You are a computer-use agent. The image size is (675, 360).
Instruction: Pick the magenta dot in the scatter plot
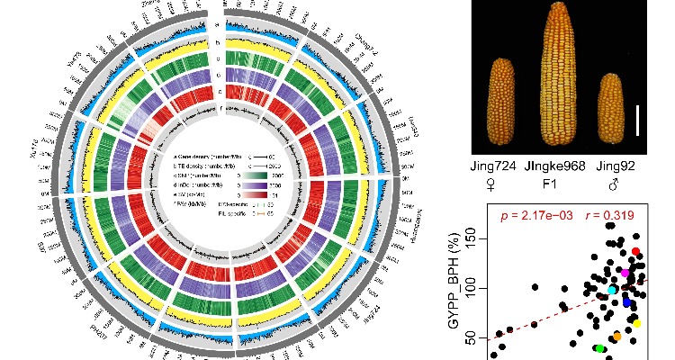[625, 272]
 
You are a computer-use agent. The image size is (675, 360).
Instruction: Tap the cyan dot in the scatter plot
[613, 290]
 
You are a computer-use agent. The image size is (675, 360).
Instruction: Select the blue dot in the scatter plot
[627, 302]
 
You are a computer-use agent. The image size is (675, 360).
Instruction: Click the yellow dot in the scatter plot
[637, 323]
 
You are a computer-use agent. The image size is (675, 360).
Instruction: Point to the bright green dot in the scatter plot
[599, 348]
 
